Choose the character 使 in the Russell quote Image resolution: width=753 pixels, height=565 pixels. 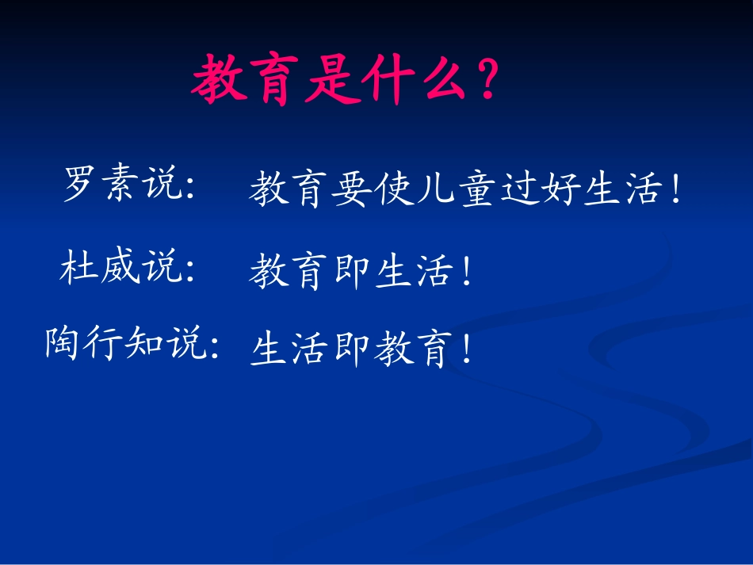(x=393, y=192)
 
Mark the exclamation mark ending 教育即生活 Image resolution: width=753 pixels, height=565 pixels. (x=467, y=274)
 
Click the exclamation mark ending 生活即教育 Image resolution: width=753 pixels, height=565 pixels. (x=467, y=349)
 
